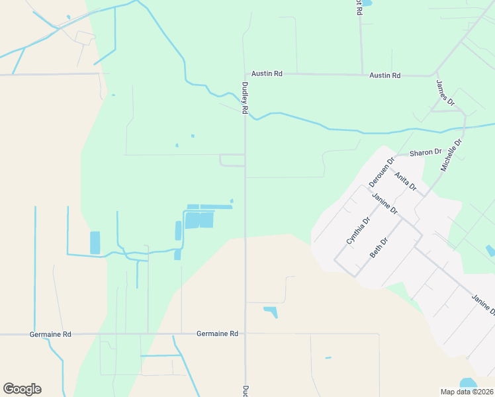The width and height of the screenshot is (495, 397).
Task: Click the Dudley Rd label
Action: [245, 98]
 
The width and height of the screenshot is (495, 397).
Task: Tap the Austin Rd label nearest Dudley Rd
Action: [270, 74]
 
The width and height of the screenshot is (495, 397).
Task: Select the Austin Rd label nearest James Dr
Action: [384, 75]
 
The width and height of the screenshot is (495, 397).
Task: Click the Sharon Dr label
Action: [425, 152]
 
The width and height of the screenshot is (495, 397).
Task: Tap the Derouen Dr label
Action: [381, 171]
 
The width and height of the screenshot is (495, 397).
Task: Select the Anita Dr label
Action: [405, 183]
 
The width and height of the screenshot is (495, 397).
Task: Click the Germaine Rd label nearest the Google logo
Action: [50, 334]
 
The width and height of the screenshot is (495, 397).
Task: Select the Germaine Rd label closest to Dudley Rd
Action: [217, 334]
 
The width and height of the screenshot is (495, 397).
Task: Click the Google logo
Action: [22, 389]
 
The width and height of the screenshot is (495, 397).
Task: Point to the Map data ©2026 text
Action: [467, 392]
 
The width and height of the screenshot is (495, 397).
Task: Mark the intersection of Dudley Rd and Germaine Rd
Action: [246, 334]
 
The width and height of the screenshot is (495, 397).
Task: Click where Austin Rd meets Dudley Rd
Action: [246, 74]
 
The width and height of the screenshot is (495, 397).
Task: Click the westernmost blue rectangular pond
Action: [95, 243]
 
